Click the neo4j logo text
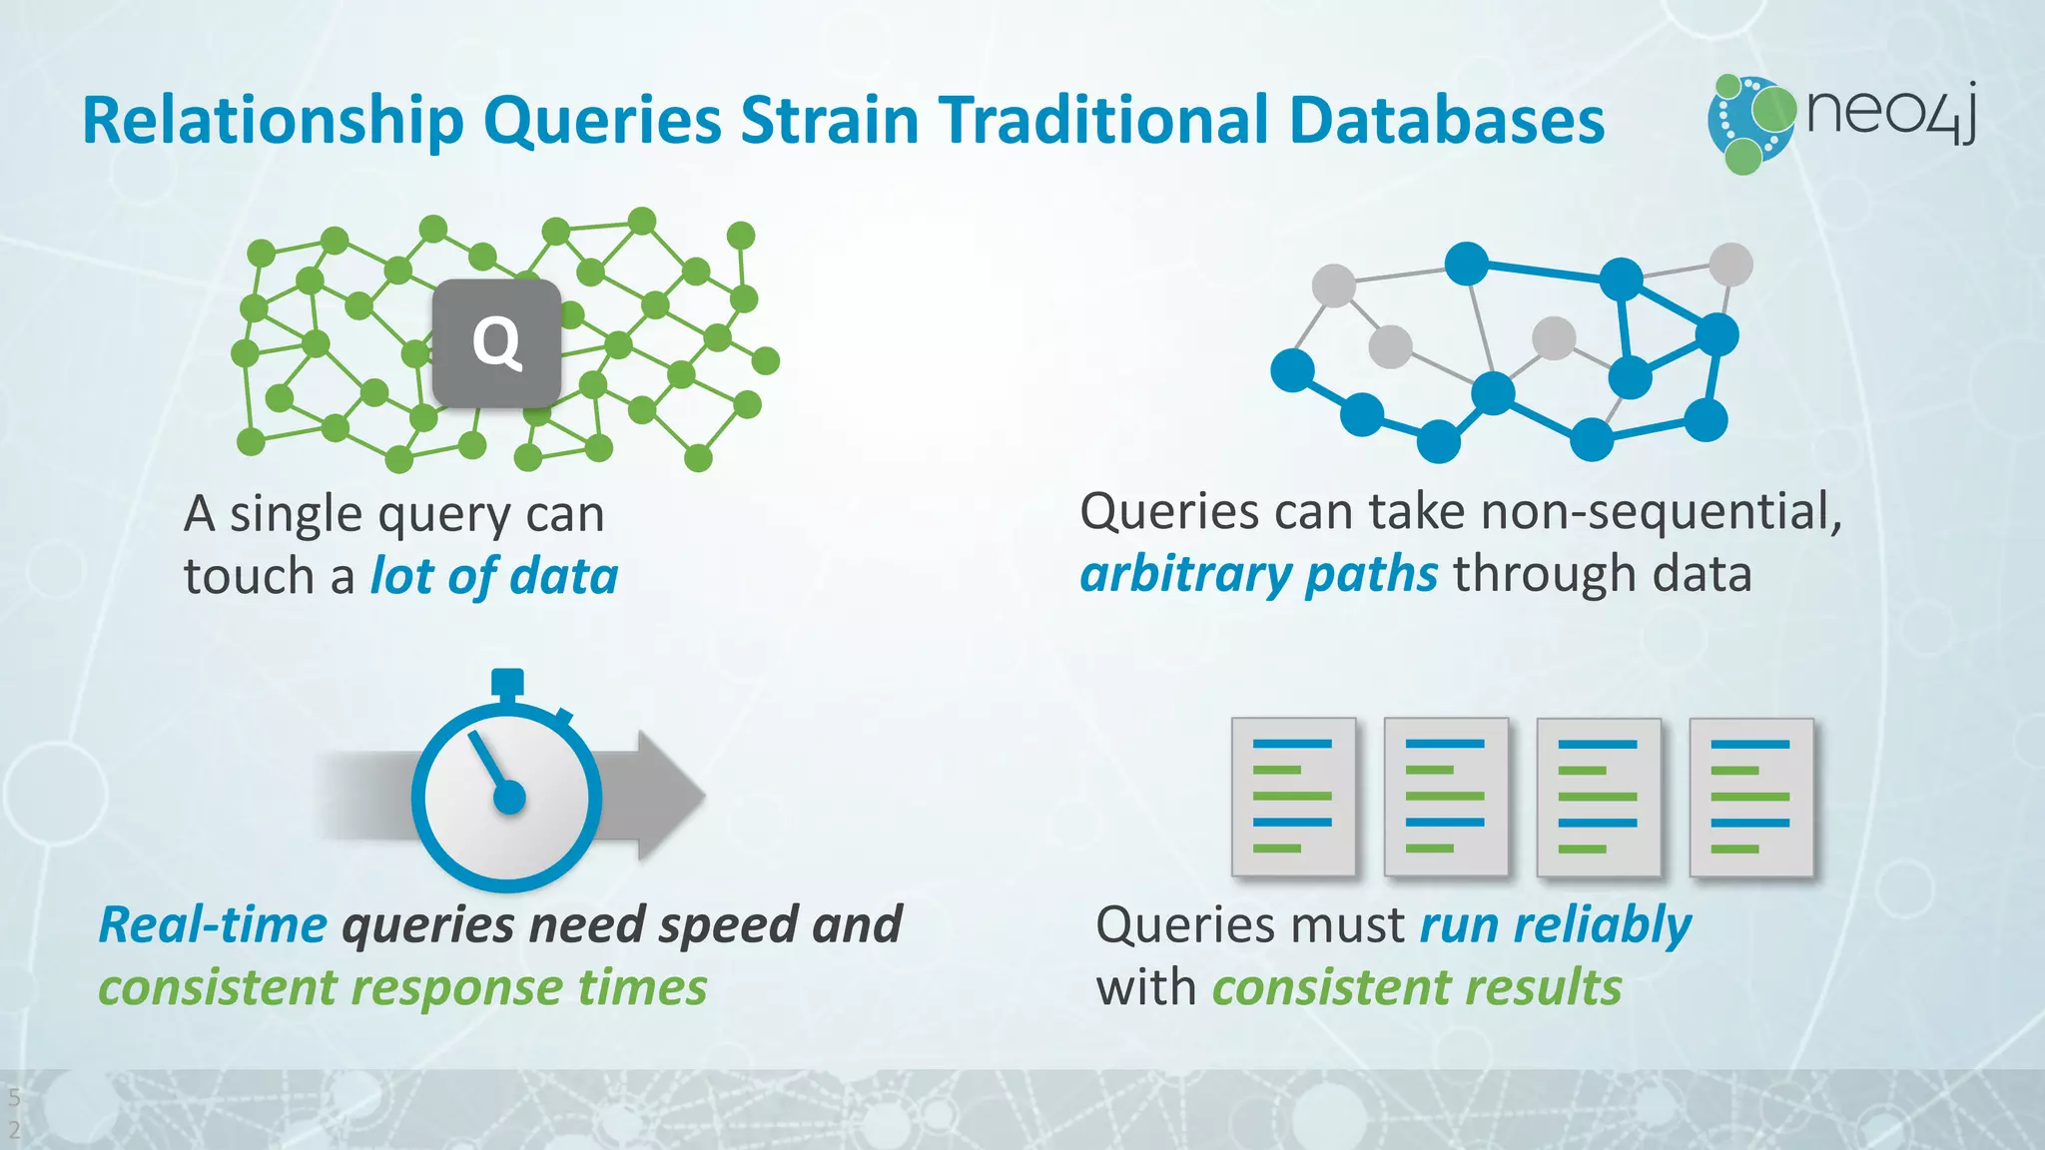1891,113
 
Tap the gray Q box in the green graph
496,342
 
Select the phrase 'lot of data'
494,577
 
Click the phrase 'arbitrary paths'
1258,575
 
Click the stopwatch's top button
507,683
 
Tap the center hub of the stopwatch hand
509,798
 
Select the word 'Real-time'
213,924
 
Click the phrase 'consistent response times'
402,988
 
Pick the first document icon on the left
1293,797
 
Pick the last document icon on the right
1750,797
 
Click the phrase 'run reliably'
1555,924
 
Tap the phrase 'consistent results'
1416,988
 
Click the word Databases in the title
1446,121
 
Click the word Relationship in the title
273,121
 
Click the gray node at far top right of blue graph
1730,265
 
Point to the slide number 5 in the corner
14,1098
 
